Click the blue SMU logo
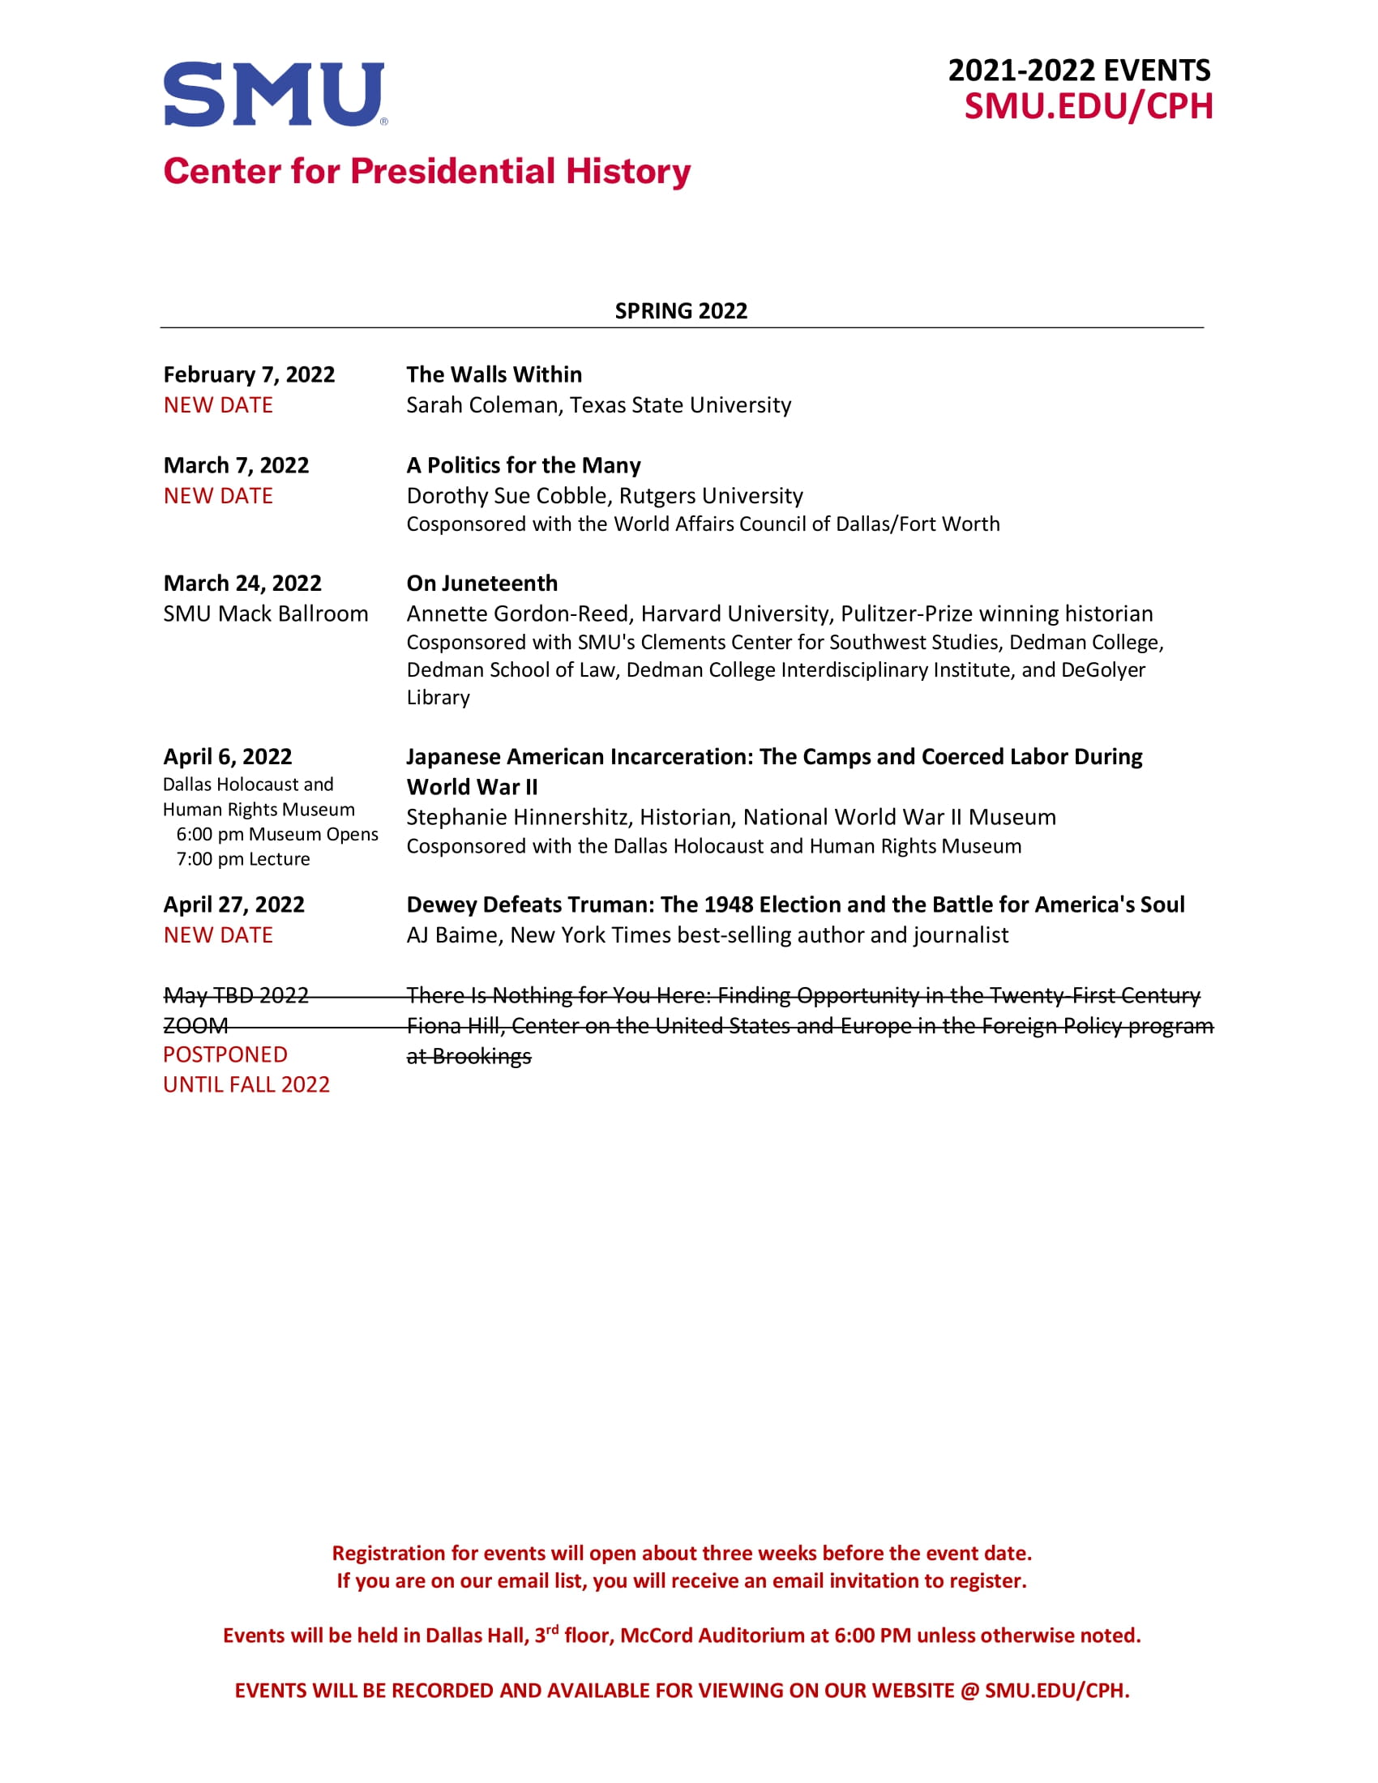click(x=274, y=94)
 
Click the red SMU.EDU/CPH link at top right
click(x=1088, y=107)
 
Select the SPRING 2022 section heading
click(x=681, y=311)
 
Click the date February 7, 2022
click(x=249, y=374)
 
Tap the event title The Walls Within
click(x=494, y=374)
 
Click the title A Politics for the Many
click(x=524, y=465)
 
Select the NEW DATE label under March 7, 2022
click(x=218, y=495)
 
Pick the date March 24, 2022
click(x=242, y=583)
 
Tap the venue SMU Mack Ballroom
click(x=265, y=614)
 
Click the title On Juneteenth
click(x=481, y=583)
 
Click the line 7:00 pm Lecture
click(x=243, y=859)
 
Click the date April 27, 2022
click(x=233, y=904)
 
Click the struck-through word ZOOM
click(x=196, y=1025)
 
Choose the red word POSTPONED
click(x=225, y=1054)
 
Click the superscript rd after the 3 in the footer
click(x=552, y=1630)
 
